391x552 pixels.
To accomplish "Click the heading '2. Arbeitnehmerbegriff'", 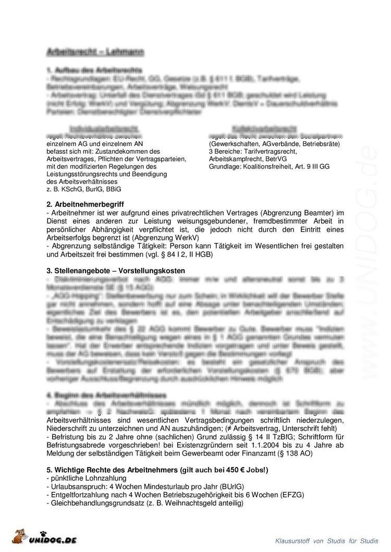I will pos(85,204).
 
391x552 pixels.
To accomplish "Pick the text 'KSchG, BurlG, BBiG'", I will pos(88,189).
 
